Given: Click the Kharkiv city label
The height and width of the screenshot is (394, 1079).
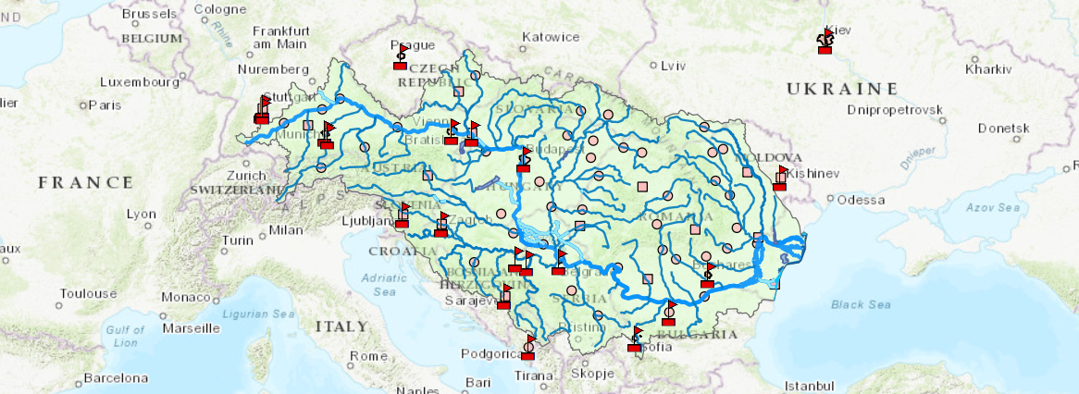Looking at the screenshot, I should click(988, 69).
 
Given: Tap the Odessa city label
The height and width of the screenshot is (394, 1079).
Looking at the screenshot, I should click(862, 200).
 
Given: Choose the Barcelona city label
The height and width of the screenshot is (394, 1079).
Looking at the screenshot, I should click(116, 378).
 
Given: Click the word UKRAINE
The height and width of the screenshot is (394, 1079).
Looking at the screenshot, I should click(842, 89).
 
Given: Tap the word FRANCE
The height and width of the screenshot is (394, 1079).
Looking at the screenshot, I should click(86, 183).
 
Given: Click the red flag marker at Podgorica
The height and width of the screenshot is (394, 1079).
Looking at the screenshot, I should click(528, 347).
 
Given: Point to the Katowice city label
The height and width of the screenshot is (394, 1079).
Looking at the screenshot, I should click(551, 38).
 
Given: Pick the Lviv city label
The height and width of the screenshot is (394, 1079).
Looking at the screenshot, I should click(674, 66).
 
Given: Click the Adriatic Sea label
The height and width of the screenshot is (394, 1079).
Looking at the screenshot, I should click(380, 283).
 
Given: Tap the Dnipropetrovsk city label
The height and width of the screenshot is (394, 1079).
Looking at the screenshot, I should click(895, 110).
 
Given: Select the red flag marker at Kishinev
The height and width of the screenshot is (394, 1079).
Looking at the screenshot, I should click(780, 178).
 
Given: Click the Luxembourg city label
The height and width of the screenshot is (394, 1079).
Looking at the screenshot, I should click(139, 81).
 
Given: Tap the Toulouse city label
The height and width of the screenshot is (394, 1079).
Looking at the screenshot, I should click(88, 294).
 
